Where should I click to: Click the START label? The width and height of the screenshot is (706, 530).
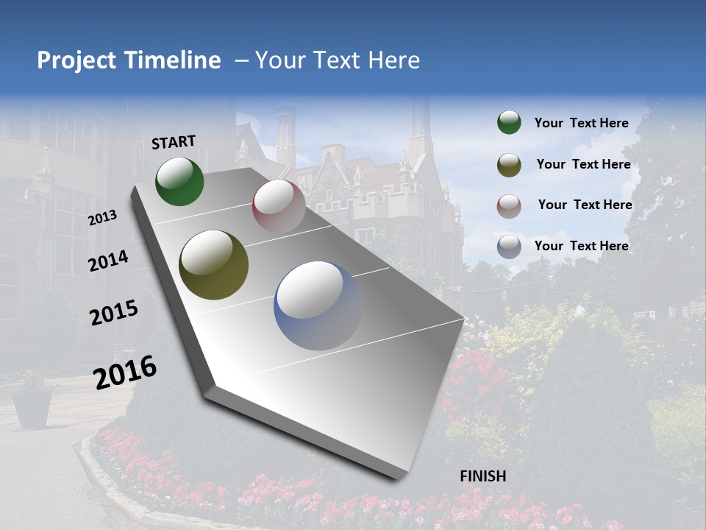[x=174, y=141]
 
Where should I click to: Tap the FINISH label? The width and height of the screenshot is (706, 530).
[x=482, y=476]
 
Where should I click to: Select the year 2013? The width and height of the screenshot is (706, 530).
[x=103, y=218]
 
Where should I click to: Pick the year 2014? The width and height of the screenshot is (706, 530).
[x=108, y=261]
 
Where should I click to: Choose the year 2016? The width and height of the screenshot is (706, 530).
[x=125, y=372]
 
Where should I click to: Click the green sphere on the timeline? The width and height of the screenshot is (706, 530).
[x=180, y=181]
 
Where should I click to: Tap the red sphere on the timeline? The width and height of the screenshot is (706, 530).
[x=279, y=205]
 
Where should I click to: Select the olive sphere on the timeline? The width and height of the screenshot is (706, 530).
[x=213, y=265]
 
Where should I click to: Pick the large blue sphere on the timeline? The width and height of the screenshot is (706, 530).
[x=318, y=305]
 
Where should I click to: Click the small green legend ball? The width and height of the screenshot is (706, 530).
[x=509, y=123]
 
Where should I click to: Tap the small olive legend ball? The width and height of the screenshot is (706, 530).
[x=509, y=165]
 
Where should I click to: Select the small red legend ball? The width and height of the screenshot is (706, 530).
[x=509, y=205]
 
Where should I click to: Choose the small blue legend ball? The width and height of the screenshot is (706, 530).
[x=509, y=246]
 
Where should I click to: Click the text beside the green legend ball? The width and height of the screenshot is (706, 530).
[x=581, y=123]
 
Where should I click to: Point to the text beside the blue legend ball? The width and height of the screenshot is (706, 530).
[x=581, y=246]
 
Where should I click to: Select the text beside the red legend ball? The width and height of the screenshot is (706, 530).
[x=585, y=205]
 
